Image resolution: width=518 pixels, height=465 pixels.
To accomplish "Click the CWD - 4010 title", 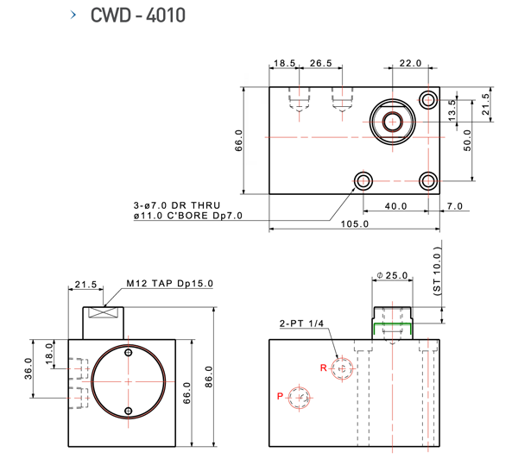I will pos(137,16).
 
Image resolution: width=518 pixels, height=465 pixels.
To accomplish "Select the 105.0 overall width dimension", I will pos(355,224).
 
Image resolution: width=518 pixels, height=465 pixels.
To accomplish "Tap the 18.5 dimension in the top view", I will pos(285,63).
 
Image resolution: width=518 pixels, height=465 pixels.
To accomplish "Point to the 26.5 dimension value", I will pos(321,63).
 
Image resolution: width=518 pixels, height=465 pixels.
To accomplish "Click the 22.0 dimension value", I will pos(410,63).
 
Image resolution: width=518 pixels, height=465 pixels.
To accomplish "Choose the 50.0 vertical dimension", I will pos(467,139).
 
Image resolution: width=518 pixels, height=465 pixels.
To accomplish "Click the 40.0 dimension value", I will pos(396,205).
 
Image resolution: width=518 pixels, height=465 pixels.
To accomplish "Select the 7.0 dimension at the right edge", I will pos(455,205).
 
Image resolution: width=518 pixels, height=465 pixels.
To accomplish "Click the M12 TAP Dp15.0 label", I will pos(169,283).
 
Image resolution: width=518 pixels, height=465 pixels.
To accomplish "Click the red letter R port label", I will pos(323,368).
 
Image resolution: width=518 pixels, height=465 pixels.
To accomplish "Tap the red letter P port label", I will pos(280,397).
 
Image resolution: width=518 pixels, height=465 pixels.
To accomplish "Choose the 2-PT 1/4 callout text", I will pos(302,324).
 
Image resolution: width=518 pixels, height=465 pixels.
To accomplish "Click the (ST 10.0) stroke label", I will pos(437,271).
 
